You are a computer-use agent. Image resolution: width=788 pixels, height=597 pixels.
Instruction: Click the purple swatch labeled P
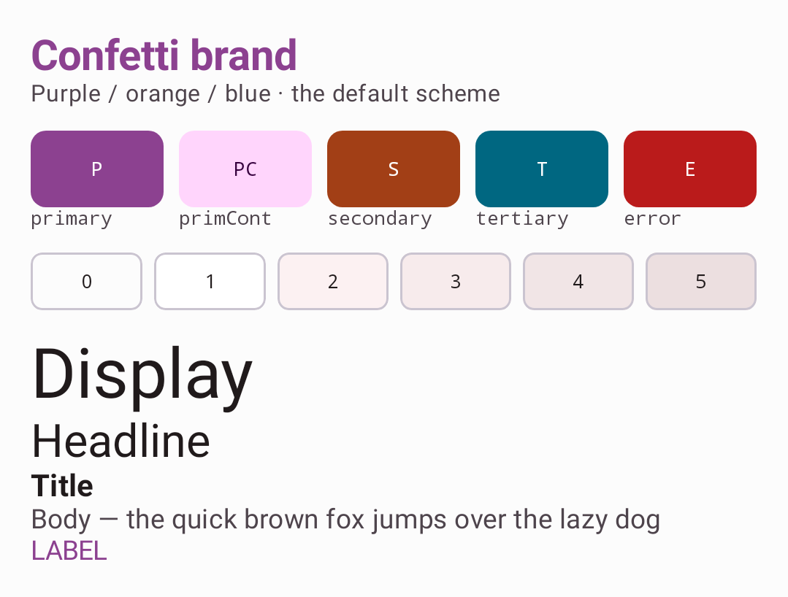97,169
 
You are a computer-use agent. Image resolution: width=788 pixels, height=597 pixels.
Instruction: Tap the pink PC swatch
245,169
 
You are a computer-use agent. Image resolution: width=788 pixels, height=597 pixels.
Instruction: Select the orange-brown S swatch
394,169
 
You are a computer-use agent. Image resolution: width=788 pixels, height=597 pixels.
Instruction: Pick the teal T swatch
542,169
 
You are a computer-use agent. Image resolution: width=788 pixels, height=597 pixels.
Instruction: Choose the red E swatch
690,169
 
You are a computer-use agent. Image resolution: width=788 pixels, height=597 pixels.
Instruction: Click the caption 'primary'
72,220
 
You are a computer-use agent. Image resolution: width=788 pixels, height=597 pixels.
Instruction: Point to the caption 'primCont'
225,218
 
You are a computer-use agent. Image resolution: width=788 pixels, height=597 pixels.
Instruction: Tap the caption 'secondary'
380,220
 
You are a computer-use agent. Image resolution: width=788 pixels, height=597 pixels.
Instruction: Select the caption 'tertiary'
522,220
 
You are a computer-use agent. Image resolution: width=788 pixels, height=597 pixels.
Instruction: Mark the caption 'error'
652,219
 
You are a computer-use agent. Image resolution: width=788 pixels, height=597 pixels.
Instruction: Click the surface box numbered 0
86,281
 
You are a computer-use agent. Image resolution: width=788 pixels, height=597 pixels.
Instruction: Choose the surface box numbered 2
333,281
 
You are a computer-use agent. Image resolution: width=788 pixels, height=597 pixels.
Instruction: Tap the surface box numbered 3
456,281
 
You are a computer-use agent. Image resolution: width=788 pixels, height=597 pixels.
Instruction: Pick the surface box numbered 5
701,281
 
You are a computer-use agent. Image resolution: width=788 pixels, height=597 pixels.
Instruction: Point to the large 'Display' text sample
142,378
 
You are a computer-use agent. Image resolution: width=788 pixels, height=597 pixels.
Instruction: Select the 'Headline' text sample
121,441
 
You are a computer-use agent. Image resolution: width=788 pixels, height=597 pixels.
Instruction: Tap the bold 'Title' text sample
62,485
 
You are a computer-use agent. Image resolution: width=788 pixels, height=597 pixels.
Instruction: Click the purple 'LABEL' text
69,551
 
